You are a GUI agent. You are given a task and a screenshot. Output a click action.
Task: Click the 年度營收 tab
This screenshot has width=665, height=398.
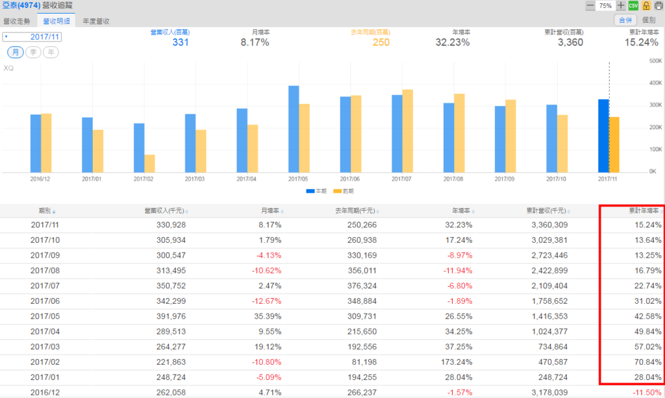[95, 21]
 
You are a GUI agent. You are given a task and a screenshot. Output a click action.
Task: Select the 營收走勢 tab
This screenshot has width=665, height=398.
[18, 21]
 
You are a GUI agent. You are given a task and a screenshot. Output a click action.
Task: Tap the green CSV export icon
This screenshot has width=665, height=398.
[633, 5]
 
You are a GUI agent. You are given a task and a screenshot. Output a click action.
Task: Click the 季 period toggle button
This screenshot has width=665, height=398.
[34, 52]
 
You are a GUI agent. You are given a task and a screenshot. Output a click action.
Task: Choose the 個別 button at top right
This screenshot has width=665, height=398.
[648, 21]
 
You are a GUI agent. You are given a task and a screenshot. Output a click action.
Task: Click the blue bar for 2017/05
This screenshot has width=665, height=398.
[294, 129]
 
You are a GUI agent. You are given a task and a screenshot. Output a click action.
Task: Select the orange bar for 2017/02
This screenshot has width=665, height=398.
[149, 163]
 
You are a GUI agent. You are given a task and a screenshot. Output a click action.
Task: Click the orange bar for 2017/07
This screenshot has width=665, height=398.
[408, 131]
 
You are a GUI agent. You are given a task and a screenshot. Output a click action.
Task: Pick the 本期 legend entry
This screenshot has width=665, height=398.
[316, 191]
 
